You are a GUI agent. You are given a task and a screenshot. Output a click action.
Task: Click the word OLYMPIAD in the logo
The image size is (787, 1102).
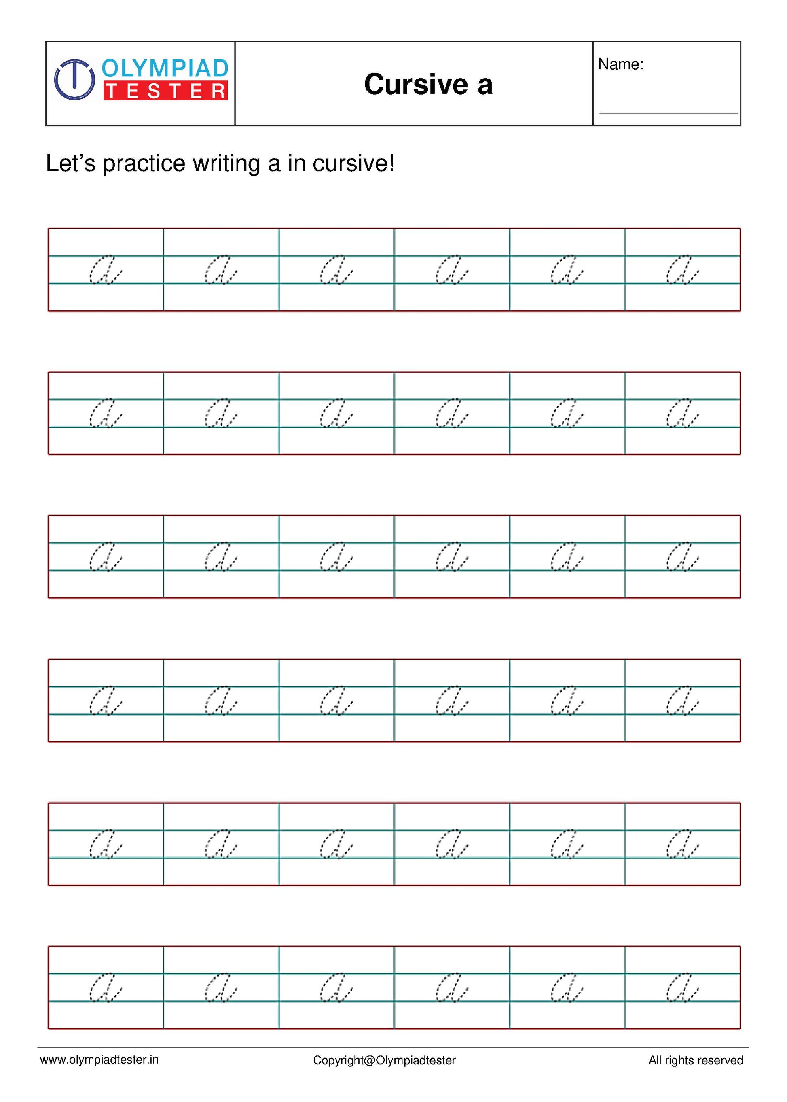click(165, 68)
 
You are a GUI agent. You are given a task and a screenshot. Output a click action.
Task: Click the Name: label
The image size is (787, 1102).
click(620, 64)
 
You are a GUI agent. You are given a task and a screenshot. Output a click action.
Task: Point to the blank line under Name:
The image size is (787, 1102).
click(668, 113)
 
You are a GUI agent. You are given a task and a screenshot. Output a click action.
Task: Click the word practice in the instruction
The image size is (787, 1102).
click(144, 164)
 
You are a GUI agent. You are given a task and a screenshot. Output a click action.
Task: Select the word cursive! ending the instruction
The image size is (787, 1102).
click(354, 164)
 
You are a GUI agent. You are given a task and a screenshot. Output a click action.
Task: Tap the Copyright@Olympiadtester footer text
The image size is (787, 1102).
click(384, 1060)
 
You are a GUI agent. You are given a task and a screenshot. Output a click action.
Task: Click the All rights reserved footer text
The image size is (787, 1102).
click(696, 1060)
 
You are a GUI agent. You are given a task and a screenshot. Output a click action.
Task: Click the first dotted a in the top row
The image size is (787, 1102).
click(105, 270)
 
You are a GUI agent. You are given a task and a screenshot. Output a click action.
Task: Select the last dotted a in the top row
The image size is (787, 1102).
click(682, 270)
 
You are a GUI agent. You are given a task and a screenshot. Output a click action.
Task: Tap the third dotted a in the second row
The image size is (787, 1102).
click(336, 414)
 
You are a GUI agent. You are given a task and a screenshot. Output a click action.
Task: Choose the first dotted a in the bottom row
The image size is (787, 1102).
click(105, 988)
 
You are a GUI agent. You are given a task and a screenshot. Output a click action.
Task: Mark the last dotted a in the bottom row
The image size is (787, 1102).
click(682, 988)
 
